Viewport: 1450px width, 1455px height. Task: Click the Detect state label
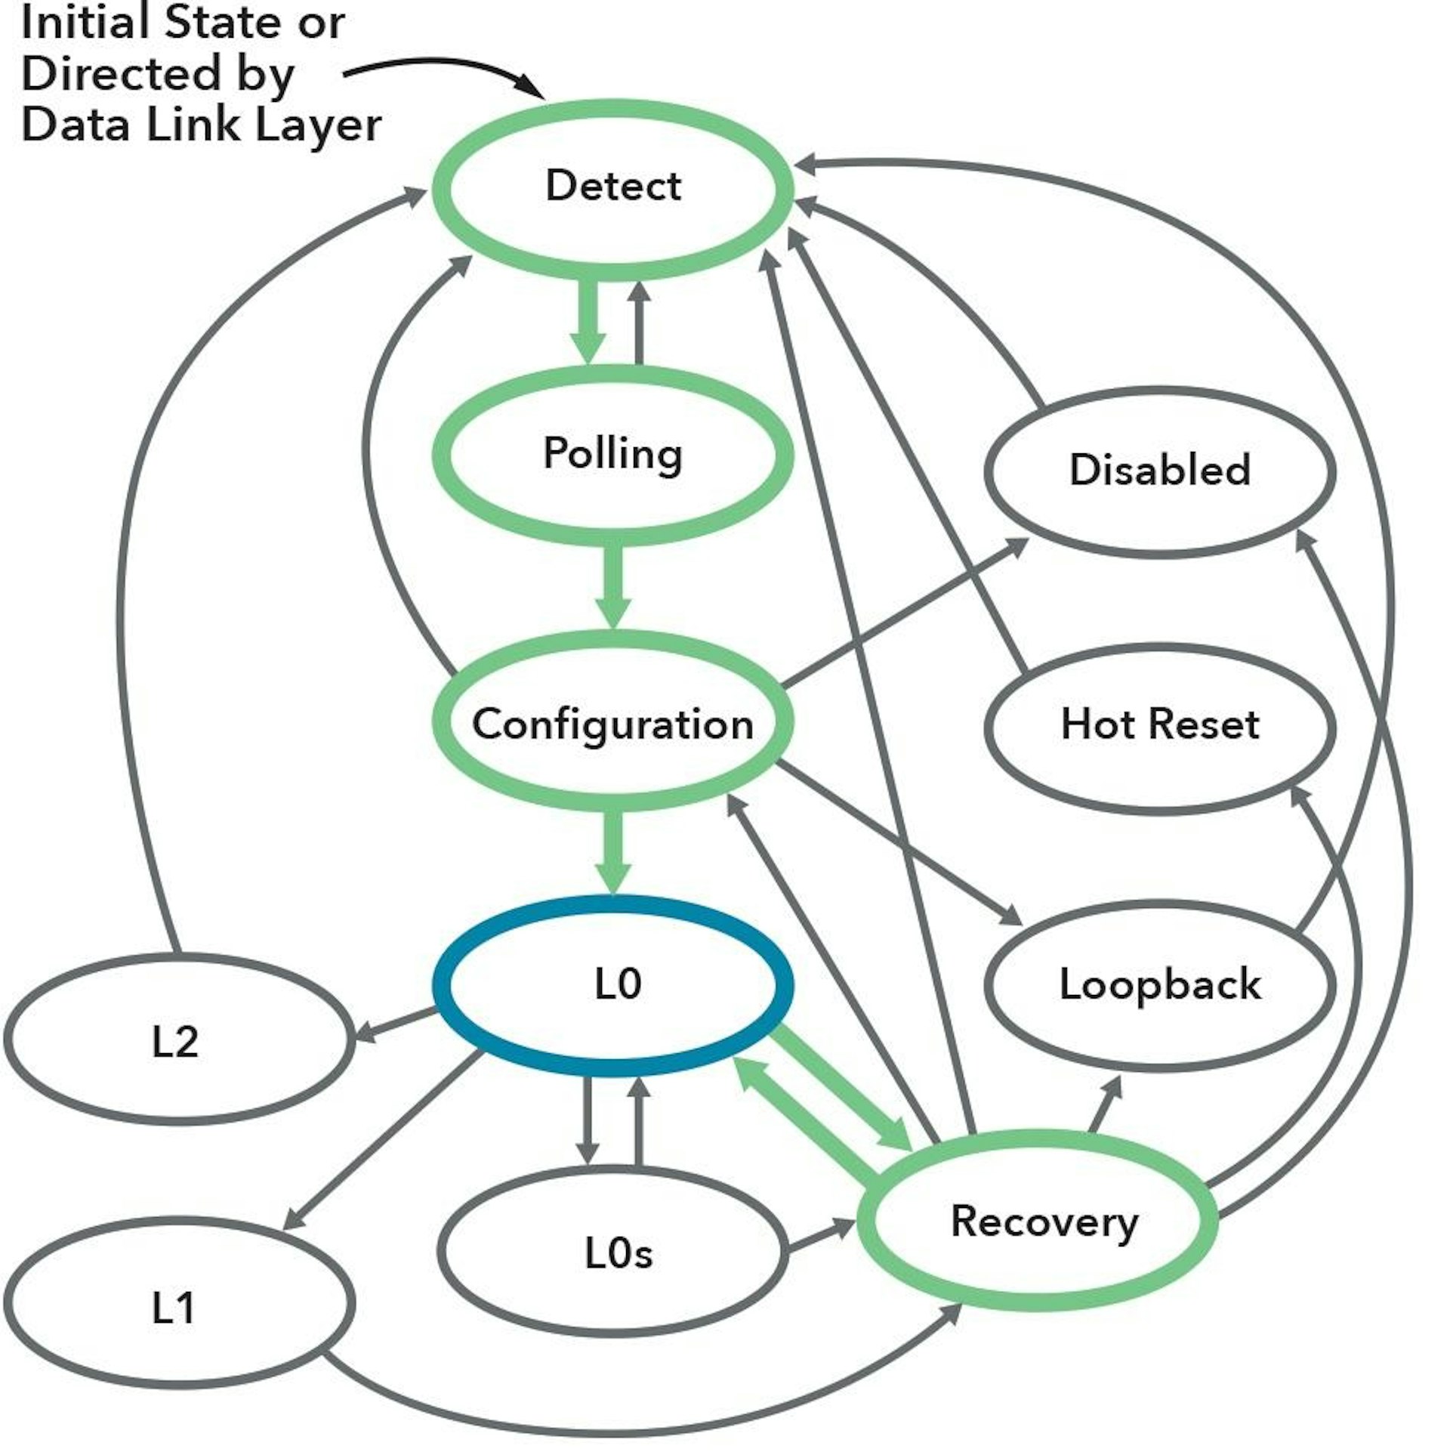tap(612, 186)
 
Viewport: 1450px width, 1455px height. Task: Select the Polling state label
tap(612, 454)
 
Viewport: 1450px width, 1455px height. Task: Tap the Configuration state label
tap(612, 724)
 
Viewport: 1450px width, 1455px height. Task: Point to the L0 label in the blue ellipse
tap(618, 984)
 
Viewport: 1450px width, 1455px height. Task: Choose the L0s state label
tap(618, 1253)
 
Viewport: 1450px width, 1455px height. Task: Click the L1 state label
tap(174, 1308)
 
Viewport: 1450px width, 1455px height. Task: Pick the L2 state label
tap(174, 1042)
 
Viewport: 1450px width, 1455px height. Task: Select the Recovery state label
tap(1044, 1222)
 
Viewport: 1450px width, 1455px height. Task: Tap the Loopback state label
tap(1160, 984)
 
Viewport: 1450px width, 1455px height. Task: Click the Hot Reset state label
tap(1160, 724)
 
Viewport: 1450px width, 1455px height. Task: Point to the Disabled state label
tap(1160, 469)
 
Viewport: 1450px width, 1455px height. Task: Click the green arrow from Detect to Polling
tap(587, 321)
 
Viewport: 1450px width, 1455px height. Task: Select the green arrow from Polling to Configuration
tap(612, 585)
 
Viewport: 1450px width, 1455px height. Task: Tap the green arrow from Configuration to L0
tap(612, 850)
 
